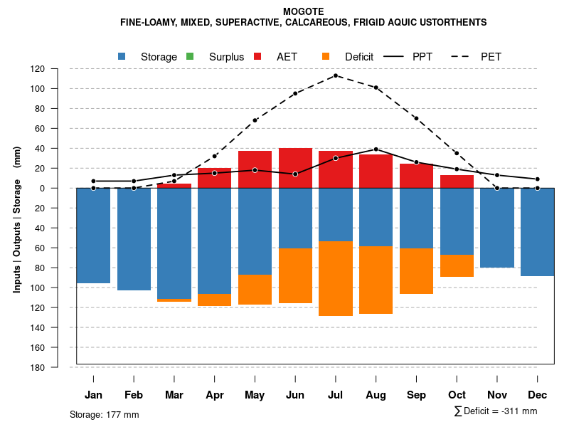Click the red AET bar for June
point(295,168)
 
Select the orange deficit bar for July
point(336,278)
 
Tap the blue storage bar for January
point(93,236)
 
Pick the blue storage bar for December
point(538,232)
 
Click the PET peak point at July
point(336,75)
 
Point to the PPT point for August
point(376,149)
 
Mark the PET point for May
point(255,120)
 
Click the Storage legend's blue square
point(122,56)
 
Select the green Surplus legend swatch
point(190,56)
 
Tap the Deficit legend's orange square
point(326,56)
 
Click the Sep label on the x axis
point(417,395)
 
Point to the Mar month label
point(174,395)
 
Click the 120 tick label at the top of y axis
point(38,69)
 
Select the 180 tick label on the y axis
point(38,367)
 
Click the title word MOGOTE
point(303,11)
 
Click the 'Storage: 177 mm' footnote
point(104,414)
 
